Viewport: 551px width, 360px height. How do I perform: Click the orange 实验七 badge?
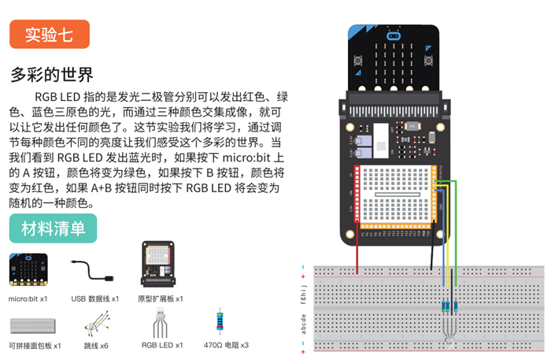[x=50, y=35]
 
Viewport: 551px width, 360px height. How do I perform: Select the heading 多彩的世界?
[x=52, y=75]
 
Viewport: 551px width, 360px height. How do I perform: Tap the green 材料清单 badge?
[x=54, y=229]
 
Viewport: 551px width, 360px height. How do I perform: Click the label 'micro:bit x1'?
[x=28, y=299]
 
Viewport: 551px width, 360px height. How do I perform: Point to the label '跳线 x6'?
[x=95, y=345]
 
